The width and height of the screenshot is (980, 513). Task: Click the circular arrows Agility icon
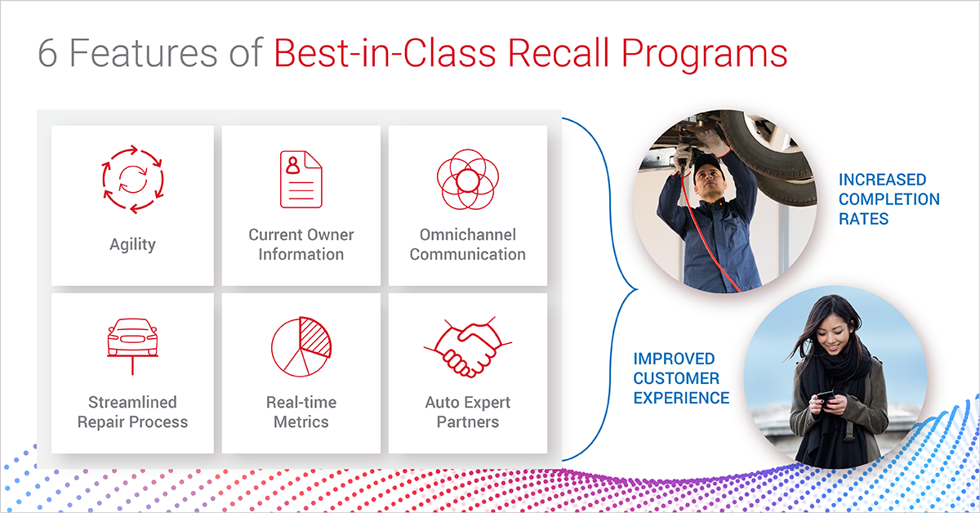(x=132, y=178)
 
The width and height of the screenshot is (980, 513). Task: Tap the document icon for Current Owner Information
(x=301, y=179)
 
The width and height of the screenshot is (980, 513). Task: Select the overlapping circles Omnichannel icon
(x=467, y=179)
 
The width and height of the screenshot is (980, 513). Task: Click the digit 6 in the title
(x=48, y=53)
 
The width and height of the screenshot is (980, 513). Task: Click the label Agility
(x=132, y=243)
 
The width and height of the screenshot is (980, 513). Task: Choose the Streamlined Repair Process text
(x=132, y=413)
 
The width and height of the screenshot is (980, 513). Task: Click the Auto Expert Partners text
(x=467, y=413)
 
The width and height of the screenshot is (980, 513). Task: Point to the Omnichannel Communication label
(x=467, y=244)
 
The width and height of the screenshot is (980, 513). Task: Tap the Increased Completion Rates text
(x=889, y=199)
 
